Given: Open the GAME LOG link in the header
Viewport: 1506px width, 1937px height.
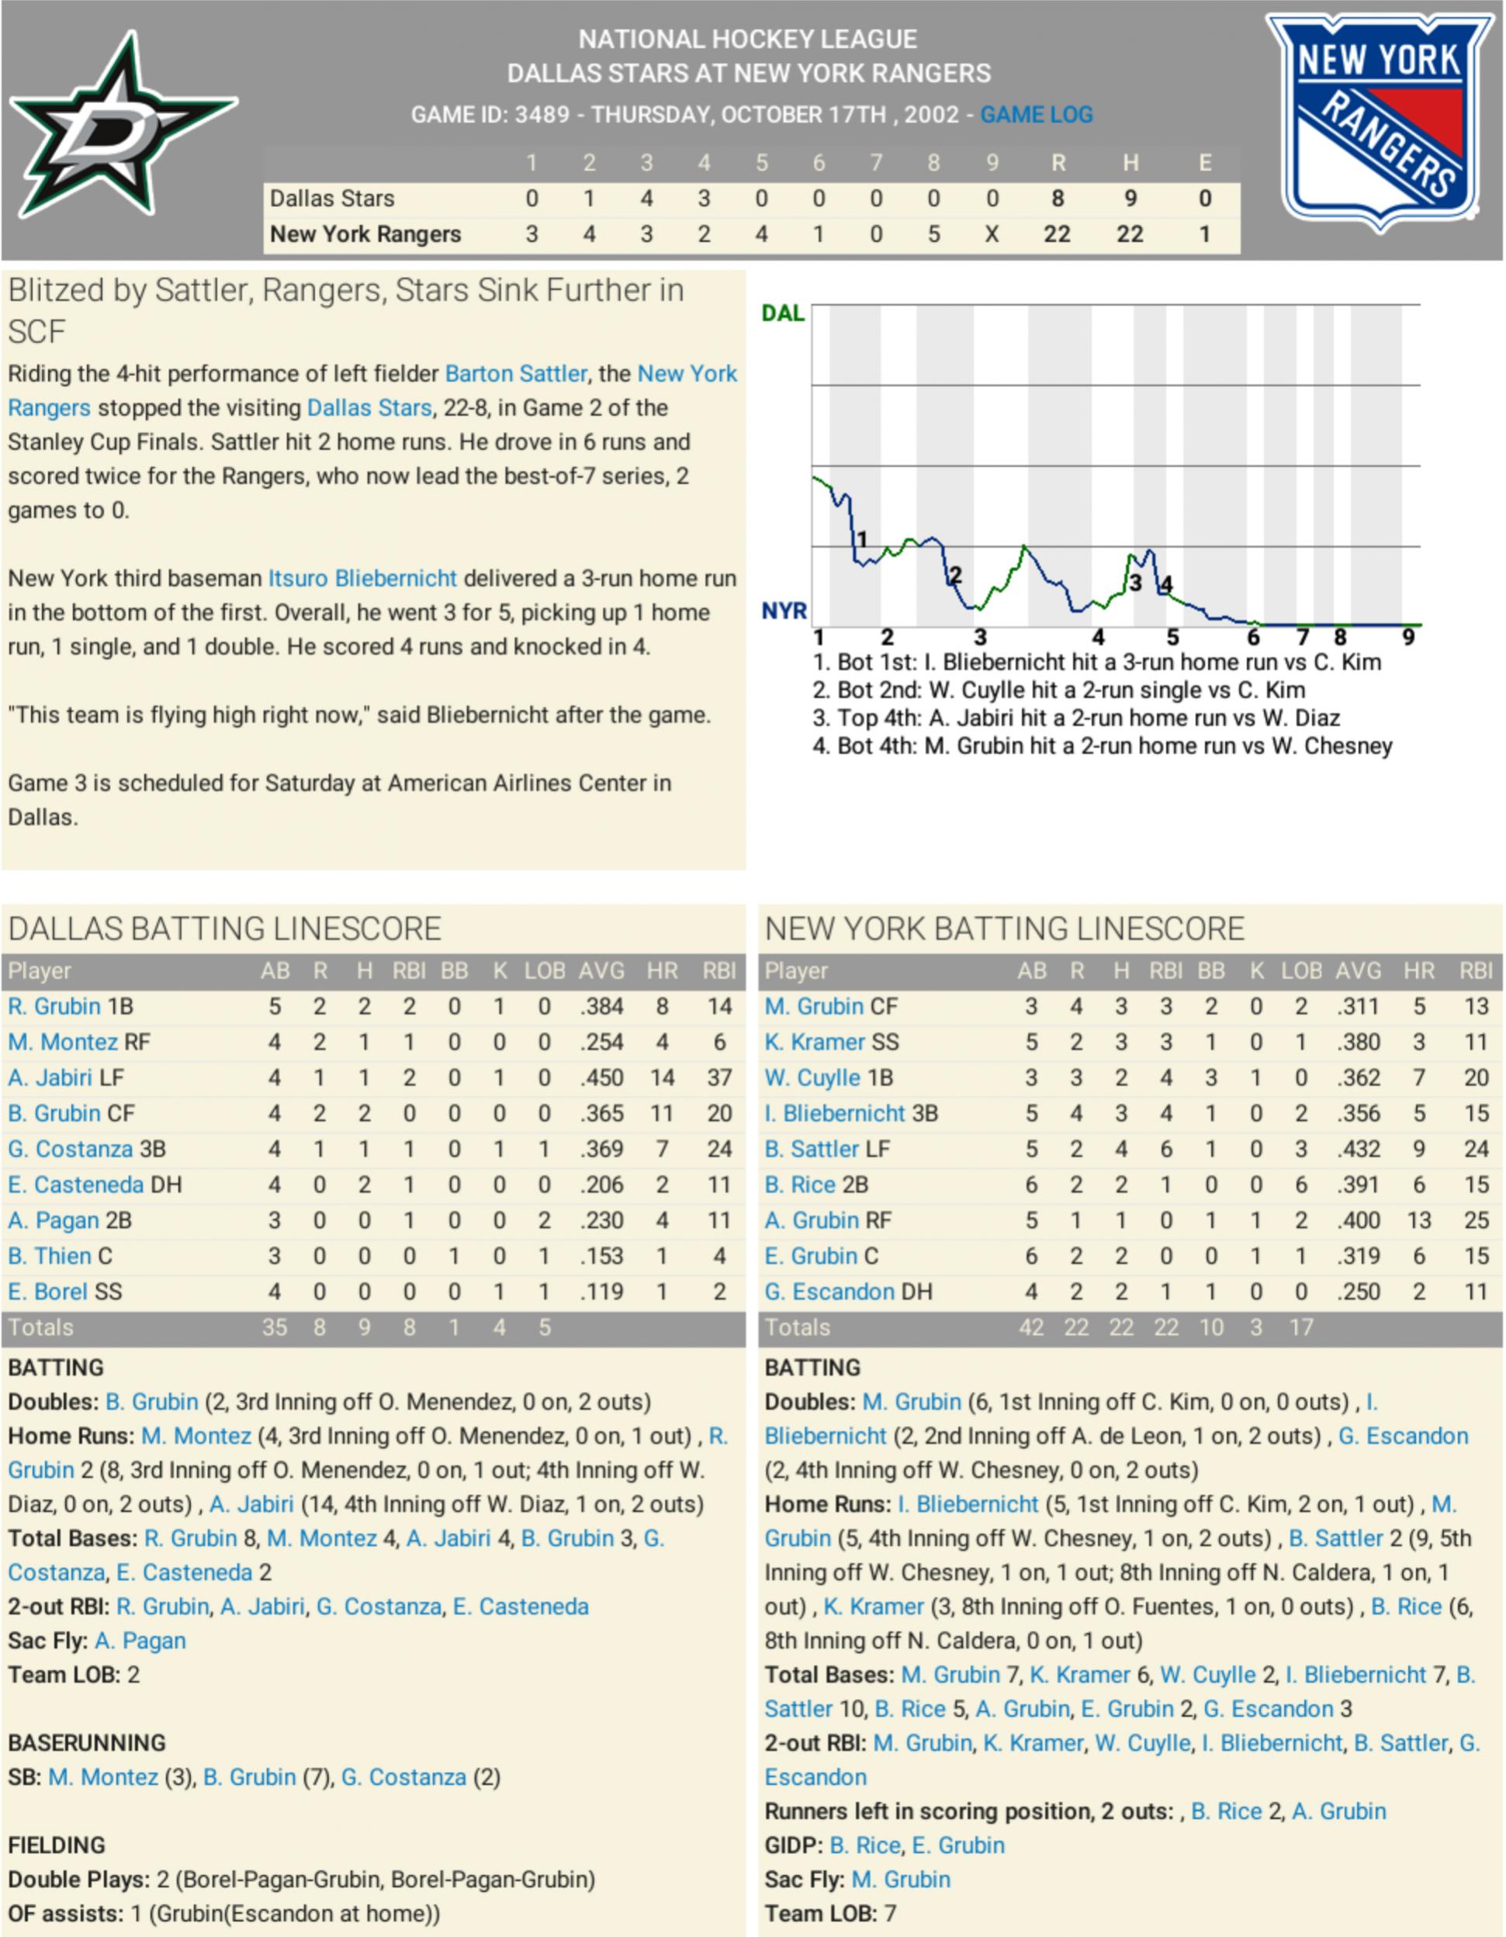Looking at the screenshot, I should pos(1036,114).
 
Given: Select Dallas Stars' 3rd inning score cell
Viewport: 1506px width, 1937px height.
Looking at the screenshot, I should pos(646,199).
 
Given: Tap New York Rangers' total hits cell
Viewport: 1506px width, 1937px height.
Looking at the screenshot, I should pos(1129,234).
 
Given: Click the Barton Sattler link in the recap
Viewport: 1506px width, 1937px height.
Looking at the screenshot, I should pos(515,373).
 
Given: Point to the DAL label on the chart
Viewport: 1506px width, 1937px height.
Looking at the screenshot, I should pos(782,313).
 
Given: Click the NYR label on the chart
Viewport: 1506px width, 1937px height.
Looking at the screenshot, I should pos(784,611).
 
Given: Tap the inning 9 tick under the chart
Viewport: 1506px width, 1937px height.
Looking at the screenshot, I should pos(1408,637).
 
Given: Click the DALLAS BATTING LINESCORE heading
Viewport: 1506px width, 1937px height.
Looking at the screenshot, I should pos(224,929).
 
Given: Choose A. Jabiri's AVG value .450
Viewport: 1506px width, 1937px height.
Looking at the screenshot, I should pos(601,1077).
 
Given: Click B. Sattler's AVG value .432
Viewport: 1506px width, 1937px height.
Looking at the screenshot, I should pos(1358,1149).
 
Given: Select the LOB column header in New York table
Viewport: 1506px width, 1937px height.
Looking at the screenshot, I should pos(1300,971).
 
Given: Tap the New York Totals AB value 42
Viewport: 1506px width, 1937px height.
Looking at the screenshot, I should pos(1030,1328).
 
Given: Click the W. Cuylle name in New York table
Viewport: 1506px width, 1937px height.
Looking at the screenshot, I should pos(812,1077).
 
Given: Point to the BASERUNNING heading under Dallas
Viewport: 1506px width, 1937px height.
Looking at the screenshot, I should pos(87,1743).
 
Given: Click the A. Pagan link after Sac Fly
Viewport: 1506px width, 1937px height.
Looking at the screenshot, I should pos(140,1641).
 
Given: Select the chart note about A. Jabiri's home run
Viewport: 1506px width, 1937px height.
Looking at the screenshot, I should pos(1076,718).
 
